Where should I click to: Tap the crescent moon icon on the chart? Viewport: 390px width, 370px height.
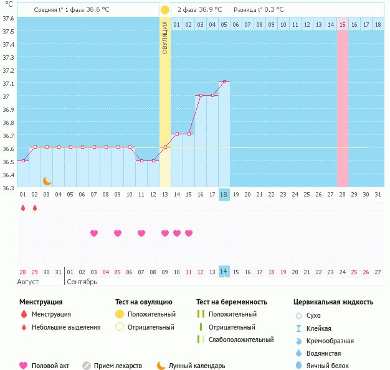(47, 181)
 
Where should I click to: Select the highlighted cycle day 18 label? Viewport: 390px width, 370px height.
(224, 195)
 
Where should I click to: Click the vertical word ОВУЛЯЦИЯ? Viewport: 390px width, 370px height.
(164, 37)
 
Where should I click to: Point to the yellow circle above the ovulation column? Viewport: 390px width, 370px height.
(164, 10)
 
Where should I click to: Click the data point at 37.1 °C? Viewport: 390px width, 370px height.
(224, 81)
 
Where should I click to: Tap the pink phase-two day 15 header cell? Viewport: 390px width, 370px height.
(343, 24)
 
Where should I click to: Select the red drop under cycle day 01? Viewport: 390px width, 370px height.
(23, 208)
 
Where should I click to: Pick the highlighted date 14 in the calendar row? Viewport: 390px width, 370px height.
(224, 272)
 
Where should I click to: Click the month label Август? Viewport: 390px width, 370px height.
(28, 282)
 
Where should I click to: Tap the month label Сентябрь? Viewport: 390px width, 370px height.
(82, 282)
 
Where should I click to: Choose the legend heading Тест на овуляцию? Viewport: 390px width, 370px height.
(143, 302)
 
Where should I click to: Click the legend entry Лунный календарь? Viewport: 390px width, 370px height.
(197, 366)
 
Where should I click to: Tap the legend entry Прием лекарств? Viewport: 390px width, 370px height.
(118, 366)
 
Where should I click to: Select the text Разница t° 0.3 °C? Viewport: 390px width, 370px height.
(258, 10)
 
